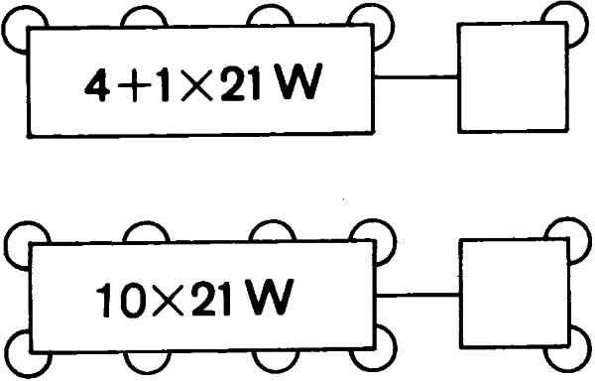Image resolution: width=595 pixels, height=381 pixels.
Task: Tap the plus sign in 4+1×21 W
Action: click(x=132, y=87)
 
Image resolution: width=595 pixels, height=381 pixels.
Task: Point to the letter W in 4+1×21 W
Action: click(x=298, y=85)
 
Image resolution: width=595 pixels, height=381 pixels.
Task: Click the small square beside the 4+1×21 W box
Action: click(x=511, y=77)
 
